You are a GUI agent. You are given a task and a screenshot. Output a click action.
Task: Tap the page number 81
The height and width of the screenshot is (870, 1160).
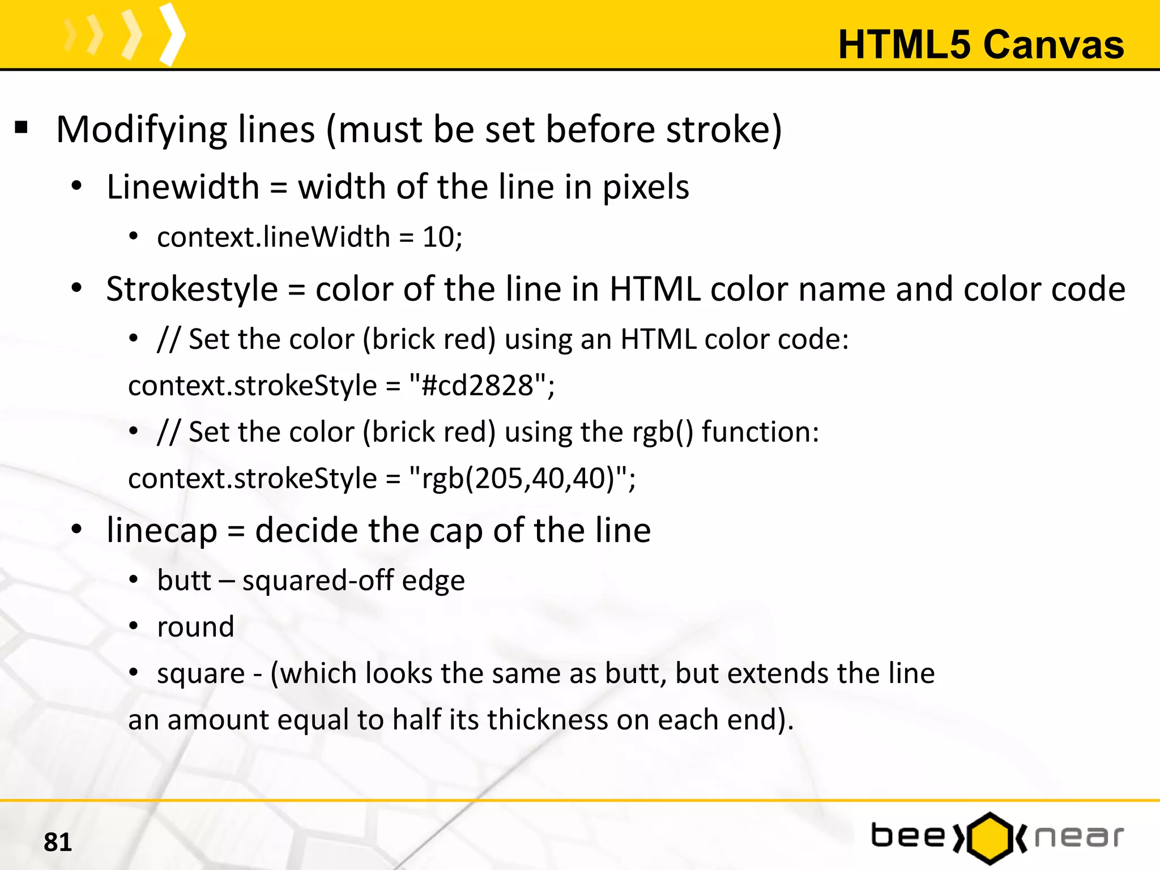coord(58,842)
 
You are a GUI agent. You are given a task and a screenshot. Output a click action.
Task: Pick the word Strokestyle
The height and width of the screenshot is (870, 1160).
coord(192,289)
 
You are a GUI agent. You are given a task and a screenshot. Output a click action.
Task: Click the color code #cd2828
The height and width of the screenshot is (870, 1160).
coord(477,386)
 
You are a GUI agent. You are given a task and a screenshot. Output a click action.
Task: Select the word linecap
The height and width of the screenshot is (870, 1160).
coord(162,531)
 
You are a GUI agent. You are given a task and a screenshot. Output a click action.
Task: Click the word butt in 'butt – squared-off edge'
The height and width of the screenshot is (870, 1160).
coord(184,581)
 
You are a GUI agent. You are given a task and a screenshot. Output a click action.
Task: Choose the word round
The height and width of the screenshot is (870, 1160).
coord(195,627)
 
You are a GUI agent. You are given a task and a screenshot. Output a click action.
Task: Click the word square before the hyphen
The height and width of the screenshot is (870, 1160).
coord(201,674)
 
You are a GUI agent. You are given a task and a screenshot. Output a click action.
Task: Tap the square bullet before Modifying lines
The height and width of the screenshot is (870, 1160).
coord(22,128)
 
